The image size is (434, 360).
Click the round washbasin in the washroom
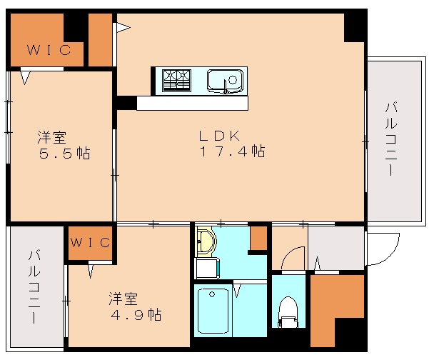point(204,242)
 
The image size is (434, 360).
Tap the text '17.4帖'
point(232,151)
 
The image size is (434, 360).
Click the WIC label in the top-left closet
point(49,50)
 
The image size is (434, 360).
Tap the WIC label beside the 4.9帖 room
point(91,242)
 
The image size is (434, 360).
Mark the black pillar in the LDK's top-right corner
point(354,27)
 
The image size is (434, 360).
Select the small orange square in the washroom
point(258,238)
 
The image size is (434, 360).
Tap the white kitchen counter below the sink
point(192,104)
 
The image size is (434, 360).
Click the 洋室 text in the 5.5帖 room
point(52,136)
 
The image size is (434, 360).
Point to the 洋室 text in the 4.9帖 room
point(123,297)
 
